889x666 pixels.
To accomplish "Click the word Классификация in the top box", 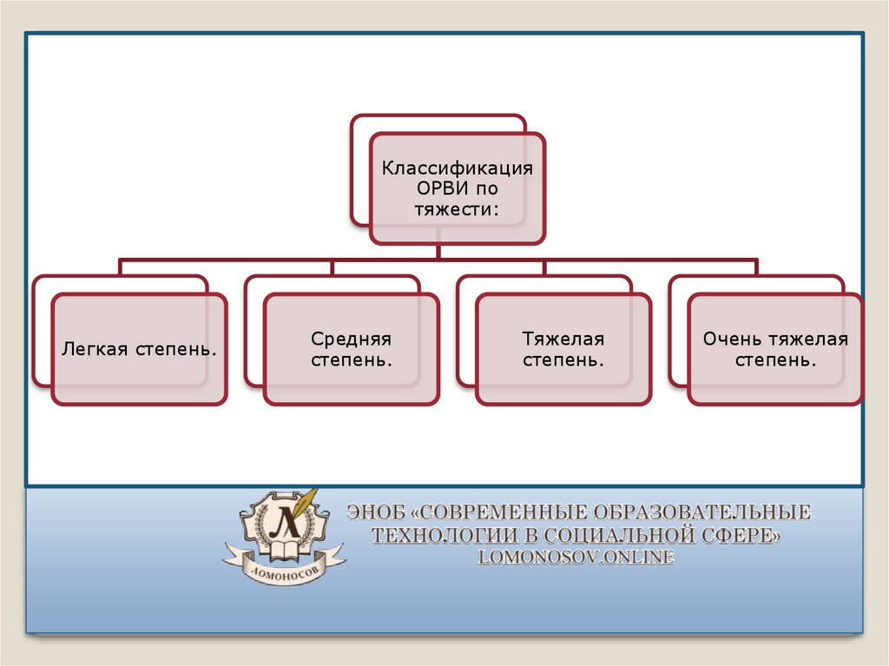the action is [x=458, y=168].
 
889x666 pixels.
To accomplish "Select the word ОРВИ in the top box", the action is [x=431, y=188].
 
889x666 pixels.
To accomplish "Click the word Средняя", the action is [x=351, y=339].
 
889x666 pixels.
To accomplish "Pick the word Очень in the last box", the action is [x=731, y=339].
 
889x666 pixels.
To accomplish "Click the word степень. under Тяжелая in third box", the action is [x=563, y=359].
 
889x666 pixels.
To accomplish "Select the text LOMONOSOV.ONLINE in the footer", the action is [x=576, y=558].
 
